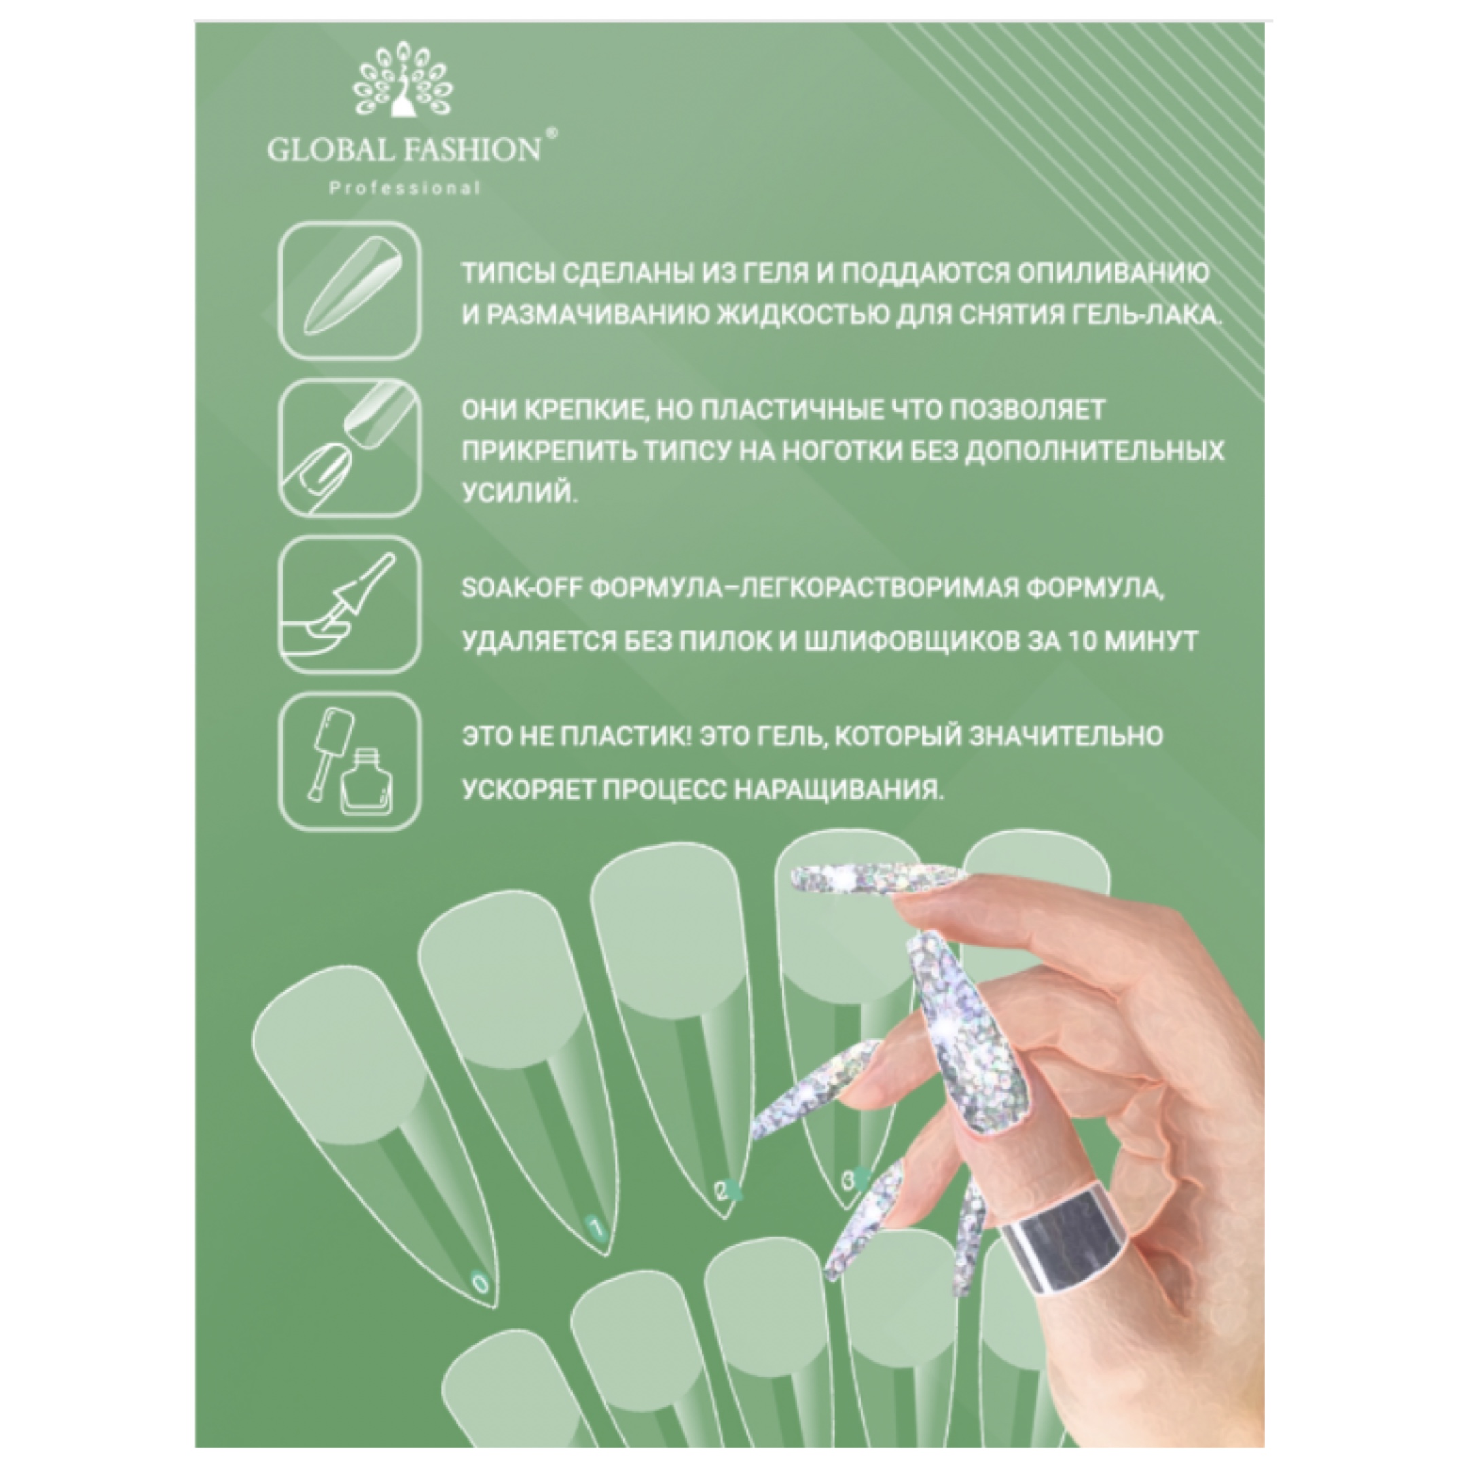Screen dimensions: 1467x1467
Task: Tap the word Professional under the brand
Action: pos(405,188)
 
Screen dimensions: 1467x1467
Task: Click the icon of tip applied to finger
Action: pos(349,448)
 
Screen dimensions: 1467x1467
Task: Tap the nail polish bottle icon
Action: pos(349,761)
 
